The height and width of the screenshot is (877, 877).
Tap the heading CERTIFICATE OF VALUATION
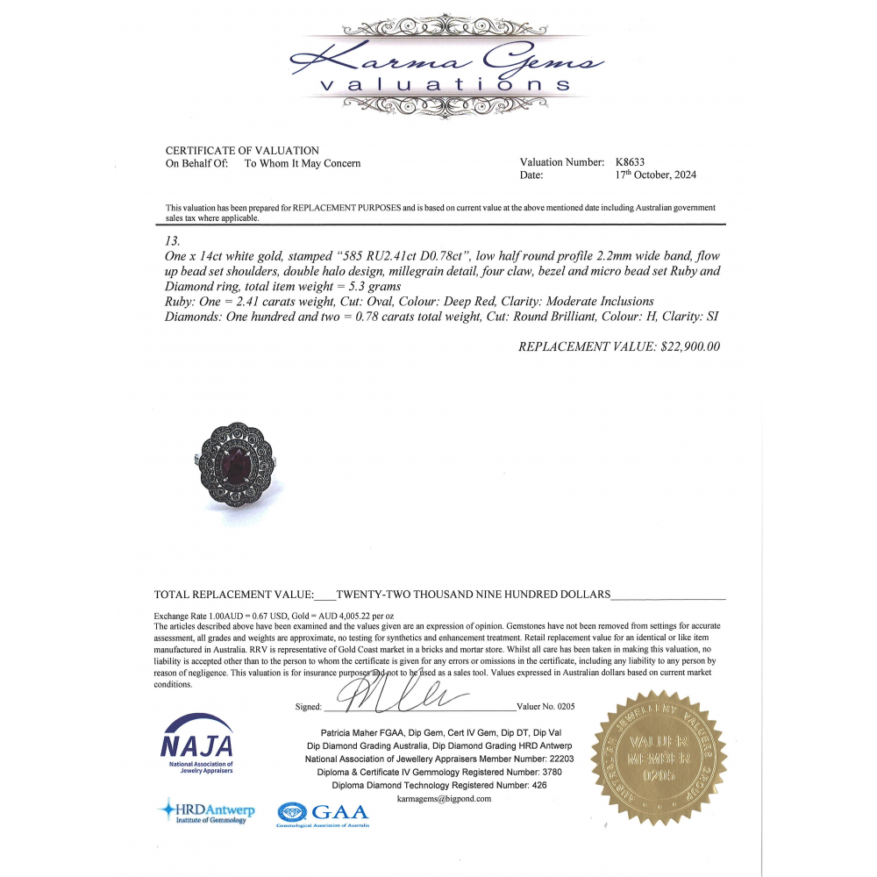[242, 151]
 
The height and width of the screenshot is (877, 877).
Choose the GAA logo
[323, 813]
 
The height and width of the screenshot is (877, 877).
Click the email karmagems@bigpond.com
[444, 799]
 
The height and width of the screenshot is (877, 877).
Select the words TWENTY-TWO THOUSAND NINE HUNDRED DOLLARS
[473, 594]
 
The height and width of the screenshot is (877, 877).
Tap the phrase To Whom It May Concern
[303, 163]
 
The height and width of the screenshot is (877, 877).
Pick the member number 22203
[560, 759]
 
